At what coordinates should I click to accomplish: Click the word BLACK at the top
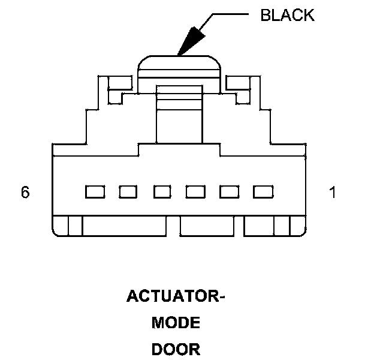tap(287, 15)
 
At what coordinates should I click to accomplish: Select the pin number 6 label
tap(25, 193)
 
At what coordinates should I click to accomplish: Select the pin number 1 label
tap(333, 193)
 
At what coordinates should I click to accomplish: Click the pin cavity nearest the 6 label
tap(93, 192)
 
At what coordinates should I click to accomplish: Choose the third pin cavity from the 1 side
tap(195, 192)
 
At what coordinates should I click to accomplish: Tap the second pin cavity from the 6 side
tap(127, 192)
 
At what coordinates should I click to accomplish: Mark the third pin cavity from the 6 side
tap(161, 192)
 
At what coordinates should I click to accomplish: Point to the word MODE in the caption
tap(175, 323)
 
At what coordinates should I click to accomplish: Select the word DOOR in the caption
tap(175, 349)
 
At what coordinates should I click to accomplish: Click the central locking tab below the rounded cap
tap(179, 114)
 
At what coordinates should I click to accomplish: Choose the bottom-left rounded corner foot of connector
tap(61, 226)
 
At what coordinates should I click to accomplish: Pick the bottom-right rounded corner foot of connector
tap(298, 226)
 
